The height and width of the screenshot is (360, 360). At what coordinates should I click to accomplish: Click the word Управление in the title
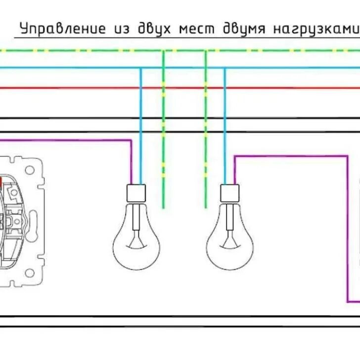click(62, 29)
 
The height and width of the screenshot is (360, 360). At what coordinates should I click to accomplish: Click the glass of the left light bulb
click(136, 242)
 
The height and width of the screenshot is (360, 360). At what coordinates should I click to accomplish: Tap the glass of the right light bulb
click(229, 242)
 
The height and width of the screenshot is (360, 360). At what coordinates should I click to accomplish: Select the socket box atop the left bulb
click(136, 193)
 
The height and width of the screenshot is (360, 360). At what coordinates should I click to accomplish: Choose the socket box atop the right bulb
click(229, 192)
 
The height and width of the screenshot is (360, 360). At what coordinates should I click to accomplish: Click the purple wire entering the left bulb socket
click(132, 163)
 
